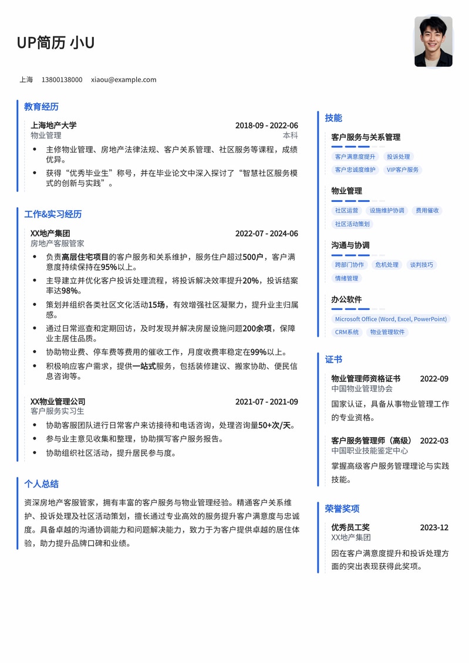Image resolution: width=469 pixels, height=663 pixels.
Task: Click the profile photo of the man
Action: [x=433, y=42]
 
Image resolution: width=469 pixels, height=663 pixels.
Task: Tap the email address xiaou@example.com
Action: [x=123, y=80]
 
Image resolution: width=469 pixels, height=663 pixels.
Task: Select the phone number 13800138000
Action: [x=62, y=80]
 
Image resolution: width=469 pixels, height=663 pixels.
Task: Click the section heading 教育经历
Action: [x=41, y=107]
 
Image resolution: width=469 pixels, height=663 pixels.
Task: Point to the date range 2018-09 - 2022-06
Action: [x=266, y=126]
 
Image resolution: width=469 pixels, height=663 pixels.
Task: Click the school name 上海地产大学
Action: [x=53, y=126]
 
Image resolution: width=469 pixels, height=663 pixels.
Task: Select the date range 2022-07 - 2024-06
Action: [x=266, y=234]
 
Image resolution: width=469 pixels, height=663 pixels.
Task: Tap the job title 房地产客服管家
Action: [x=58, y=243]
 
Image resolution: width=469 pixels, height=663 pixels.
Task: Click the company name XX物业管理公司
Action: [x=58, y=402]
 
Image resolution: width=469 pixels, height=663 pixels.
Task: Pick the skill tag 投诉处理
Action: [x=399, y=157]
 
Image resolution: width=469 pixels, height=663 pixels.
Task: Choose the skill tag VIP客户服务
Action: [x=403, y=170]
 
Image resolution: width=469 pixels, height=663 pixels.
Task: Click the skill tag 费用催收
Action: [x=427, y=211]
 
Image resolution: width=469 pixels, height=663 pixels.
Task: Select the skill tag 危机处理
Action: [x=387, y=265]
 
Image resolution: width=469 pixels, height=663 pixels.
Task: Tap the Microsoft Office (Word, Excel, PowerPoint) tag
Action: [x=390, y=319]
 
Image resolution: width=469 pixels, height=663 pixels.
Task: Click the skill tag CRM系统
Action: [x=347, y=333]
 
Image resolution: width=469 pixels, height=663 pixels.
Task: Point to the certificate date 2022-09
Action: [x=434, y=379]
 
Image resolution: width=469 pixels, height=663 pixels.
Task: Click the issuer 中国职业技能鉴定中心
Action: [x=370, y=451]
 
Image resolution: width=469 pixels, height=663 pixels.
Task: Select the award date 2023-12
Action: [x=434, y=527]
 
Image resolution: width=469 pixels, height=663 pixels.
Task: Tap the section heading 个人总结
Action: [x=41, y=484]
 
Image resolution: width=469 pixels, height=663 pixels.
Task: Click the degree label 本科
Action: [x=291, y=136]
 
